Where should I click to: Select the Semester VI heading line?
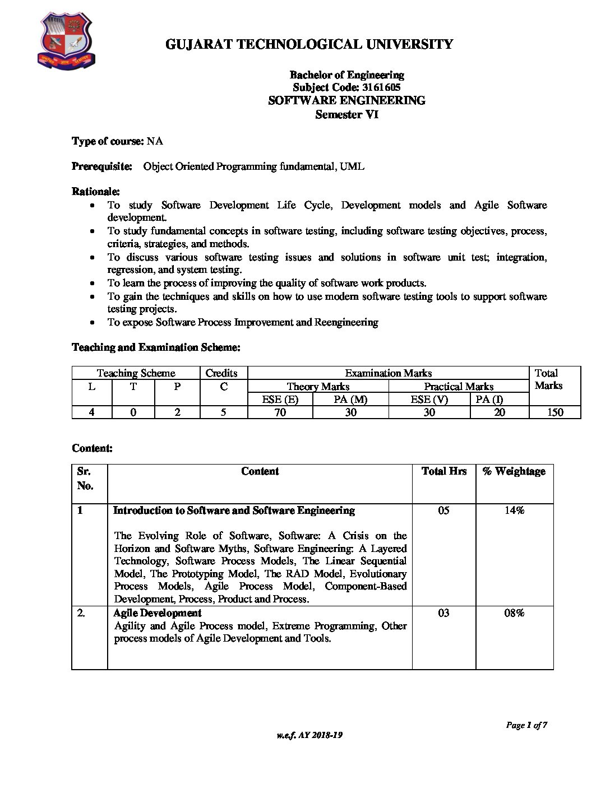(346, 114)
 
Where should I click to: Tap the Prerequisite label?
(102, 166)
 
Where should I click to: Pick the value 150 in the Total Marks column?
(554, 412)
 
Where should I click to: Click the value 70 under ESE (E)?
(280, 412)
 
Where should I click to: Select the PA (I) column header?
(489, 400)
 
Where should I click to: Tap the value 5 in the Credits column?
(223, 412)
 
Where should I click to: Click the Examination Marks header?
(388, 373)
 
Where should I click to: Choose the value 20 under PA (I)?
(500, 412)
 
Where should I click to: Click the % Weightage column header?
(514, 471)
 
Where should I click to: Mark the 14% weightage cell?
(514, 510)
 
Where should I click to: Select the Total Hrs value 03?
(443, 613)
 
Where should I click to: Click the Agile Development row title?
(157, 613)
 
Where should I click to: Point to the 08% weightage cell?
(514, 613)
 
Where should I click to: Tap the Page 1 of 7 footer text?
(526, 725)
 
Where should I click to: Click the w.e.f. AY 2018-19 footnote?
(309, 735)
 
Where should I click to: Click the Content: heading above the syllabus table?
(93, 448)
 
